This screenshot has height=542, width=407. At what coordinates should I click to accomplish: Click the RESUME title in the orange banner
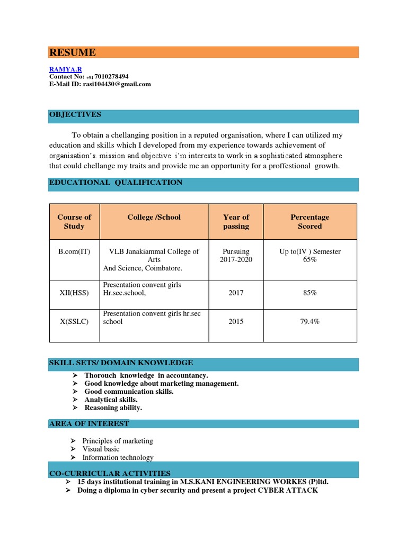(73, 52)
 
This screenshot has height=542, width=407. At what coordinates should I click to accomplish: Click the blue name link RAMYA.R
(66, 69)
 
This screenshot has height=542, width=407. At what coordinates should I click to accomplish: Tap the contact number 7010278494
(111, 77)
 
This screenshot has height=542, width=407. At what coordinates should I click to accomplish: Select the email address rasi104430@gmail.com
(117, 84)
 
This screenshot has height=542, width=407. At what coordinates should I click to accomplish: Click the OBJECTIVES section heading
(75, 115)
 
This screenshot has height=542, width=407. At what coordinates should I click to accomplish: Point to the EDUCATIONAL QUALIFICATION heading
(116, 183)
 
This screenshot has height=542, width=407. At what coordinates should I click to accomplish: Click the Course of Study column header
(74, 222)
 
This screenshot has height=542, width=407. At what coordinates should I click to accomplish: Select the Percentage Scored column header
(309, 222)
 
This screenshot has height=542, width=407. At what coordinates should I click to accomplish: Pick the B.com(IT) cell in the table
(74, 251)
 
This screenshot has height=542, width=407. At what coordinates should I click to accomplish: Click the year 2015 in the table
(236, 321)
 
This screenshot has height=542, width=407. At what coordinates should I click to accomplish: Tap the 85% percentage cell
(309, 293)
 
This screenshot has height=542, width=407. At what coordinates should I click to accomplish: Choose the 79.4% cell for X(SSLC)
(309, 321)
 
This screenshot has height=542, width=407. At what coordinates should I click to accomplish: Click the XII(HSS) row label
(74, 293)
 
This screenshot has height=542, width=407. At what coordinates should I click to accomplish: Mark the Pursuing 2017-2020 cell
(236, 256)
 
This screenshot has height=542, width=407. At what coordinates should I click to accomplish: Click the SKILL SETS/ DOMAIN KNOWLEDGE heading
(121, 363)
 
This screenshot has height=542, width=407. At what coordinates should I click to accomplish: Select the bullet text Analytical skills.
(111, 400)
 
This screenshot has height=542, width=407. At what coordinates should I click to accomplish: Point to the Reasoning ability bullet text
(113, 408)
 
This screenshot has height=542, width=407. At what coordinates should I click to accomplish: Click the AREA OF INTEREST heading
(89, 424)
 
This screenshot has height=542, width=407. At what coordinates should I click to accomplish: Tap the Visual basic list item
(101, 449)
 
